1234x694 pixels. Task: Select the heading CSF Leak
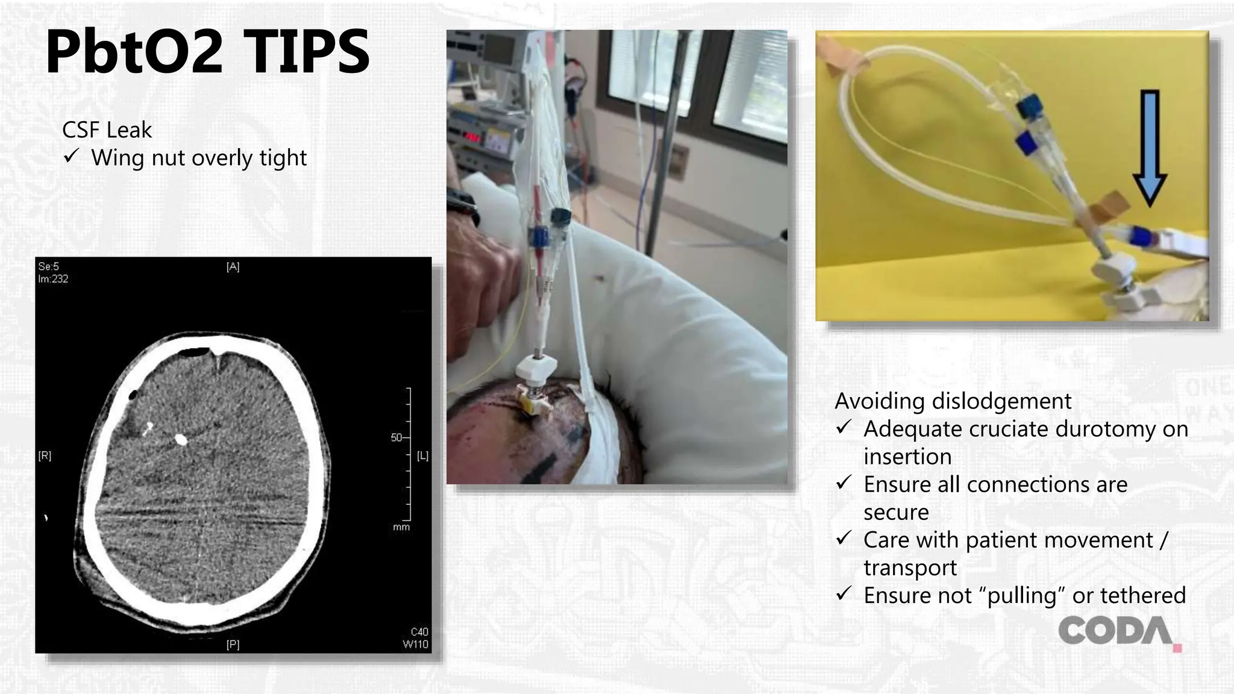pos(107,130)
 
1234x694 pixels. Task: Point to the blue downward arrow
pos(1150,148)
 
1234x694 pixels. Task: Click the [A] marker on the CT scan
pos(233,267)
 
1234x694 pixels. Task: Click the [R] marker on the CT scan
pos(45,456)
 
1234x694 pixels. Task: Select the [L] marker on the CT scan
pos(422,456)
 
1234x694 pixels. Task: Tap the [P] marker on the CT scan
pos(233,645)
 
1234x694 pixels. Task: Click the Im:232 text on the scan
pos(53,279)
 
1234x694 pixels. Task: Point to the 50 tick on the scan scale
pos(397,437)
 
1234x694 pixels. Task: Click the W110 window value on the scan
pos(415,644)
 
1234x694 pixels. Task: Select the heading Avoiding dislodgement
pos(953,401)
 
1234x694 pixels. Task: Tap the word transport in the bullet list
pos(910,567)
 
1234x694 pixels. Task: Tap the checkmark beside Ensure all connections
pos(844,483)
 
